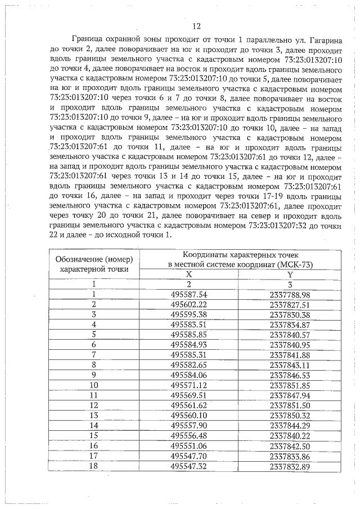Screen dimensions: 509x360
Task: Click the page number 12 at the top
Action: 196,26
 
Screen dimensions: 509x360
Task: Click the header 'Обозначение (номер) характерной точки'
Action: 94,263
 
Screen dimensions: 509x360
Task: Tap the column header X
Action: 188,273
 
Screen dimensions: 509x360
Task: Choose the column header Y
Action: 290,273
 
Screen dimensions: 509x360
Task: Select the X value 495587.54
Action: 188,294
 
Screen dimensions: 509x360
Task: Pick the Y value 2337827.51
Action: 290,304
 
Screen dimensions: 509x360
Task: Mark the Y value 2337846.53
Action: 290,375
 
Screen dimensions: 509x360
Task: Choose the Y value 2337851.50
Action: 290,405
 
